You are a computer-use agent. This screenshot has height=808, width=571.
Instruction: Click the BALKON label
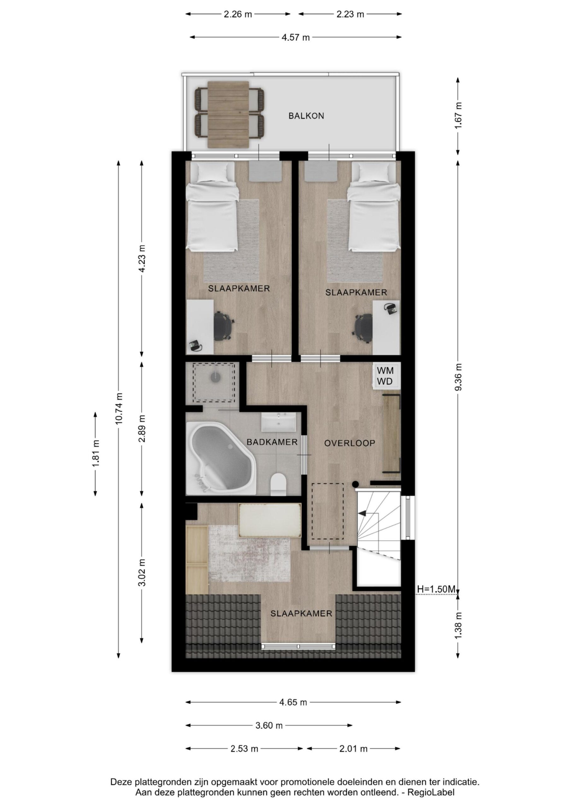pos(306,116)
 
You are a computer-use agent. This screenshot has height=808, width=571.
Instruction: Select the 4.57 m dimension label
pos(296,37)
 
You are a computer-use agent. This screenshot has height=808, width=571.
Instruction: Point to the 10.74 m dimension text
pos(120,408)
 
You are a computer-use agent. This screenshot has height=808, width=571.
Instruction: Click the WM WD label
pos(385,376)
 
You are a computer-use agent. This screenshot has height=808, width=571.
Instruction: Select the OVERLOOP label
pos(350,443)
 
